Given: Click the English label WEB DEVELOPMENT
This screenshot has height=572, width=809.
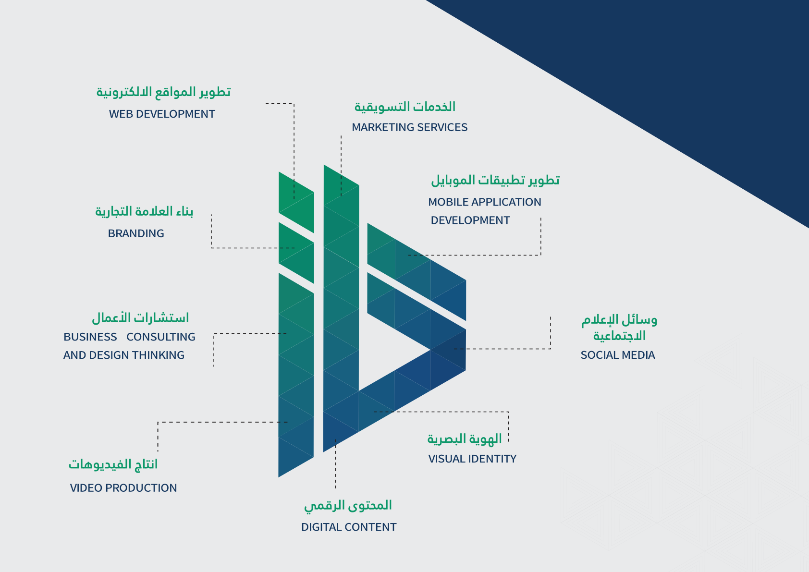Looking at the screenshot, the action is pyautogui.click(x=162, y=114).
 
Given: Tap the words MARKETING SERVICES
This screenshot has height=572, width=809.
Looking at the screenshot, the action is pyautogui.click(x=410, y=127).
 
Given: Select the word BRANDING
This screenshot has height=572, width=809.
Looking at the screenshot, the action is pyautogui.click(x=136, y=233).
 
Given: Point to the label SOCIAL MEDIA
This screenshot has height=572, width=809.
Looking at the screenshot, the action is pyautogui.click(x=618, y=355).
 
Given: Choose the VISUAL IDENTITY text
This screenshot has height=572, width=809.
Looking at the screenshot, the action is pyautogui.click(x=472, y=459).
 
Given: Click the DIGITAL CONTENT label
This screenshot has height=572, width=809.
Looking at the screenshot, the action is pyautogui.click(x=348, y=527).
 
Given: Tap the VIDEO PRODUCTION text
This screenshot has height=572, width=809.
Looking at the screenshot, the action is pyautogui.click(x=123, y=488).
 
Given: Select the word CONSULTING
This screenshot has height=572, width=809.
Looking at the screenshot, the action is pyautogui.click(x=161, y=337).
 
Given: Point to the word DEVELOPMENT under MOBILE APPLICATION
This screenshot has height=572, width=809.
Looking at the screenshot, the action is pyautogui.click(x=470, y=220).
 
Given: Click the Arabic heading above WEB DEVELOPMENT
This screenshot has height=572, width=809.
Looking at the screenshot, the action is pyautogui.click(x=163, y=92).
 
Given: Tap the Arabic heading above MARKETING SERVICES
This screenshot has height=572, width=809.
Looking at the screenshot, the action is pyautogui.click(x=404, y=107).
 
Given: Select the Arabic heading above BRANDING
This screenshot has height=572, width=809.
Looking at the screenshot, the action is pyautogui.click(x=144, y=212).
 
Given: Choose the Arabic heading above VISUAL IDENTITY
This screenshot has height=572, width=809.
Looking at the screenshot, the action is pyautogui.click(x=465, y=439).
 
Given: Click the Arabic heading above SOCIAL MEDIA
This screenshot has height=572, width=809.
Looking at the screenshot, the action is pyautogui.click(x=619, y=328).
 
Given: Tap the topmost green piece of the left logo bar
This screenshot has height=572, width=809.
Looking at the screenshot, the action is pyautogui.click(x=296, y=202).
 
